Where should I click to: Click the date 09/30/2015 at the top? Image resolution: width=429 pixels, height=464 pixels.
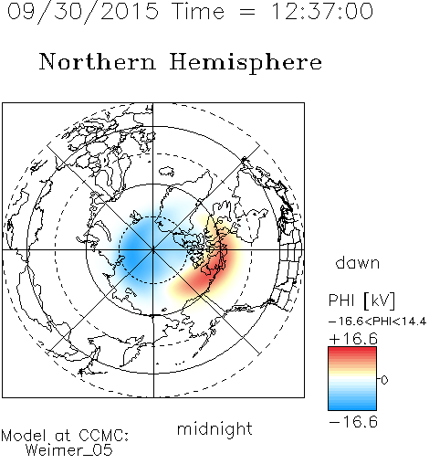pyautogui.click(x=83, y=12)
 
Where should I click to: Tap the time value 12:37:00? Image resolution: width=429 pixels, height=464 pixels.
pyautogui.click(x=321, y=11)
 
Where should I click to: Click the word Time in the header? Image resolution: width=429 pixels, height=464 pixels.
pyautogui.click(x=198, y=11)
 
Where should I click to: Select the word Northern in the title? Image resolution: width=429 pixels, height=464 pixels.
pyautogui.click(x=98, y=61)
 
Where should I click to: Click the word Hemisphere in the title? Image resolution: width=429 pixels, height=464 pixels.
pyautogui.click(x=246, y=63)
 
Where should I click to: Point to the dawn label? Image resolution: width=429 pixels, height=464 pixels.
pyautogui.click(x=357, y=262)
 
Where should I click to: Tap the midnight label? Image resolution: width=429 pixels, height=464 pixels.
pyautogui.click(x=214, y=428)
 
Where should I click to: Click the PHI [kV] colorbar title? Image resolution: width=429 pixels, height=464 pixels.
pyautogui.click(x=361, y=301)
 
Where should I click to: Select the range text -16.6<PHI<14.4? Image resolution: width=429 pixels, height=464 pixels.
pyautogui.click(x=377, y=322)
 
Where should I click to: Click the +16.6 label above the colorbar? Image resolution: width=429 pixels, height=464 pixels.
pyautogui.click(x=353, y=339)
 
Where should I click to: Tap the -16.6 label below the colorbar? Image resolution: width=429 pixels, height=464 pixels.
pyautogui.click(x=353, y=422)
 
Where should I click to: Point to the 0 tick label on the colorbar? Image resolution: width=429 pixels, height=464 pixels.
pyautogui.click(x=384, y=380)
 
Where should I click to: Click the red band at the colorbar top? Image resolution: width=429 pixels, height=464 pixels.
pyautogui.click(x=352, y=353)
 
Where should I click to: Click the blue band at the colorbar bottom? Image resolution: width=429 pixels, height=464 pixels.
pyautogui.click(x=352, y=405)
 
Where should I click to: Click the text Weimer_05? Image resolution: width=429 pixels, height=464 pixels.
pyautogui.click(x=68, y=449)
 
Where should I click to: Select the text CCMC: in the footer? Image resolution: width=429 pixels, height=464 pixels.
pyautogui.click(x=103, y=436)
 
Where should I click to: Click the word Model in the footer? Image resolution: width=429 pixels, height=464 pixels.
pyautogui.click(x=24, y=436)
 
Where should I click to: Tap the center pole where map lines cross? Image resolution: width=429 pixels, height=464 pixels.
pyautogui.click(x=153, y=250)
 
